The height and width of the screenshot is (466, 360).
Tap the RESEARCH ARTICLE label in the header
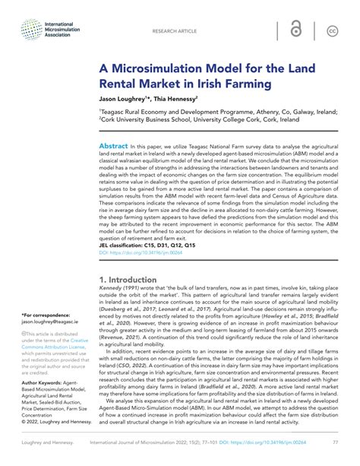pos(174,32)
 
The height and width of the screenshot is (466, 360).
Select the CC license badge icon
pos(332,31)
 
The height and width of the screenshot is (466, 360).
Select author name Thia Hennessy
pos(179,98)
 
